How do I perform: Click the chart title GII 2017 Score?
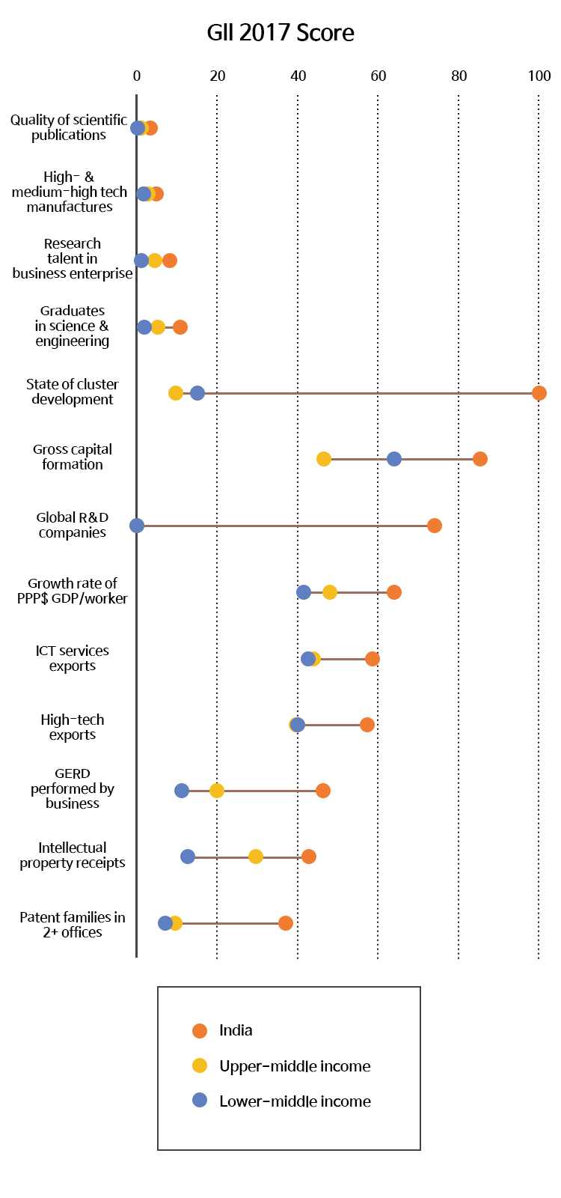click(280, 33)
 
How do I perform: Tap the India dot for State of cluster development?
click(539, 393)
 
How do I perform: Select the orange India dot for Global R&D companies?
click(435, 526)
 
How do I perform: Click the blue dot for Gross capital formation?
click(394, 459)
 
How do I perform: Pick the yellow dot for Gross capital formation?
click(324, 459)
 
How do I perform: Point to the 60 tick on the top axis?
click(378, 76)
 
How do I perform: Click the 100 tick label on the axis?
click(539, 76)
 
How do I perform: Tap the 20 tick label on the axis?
click(218, 76)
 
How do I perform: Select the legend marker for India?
click(200, 1031)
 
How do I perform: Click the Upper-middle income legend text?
click(295, 1066)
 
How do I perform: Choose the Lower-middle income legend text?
click(295, 1101)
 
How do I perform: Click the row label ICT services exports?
click(73, 658)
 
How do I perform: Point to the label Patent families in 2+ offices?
click(73, 925)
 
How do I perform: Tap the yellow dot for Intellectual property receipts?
click(256, 857)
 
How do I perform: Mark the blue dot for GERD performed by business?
click(182, 791)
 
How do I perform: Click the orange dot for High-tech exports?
click(367, 725)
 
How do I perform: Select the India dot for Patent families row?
click(286, 923)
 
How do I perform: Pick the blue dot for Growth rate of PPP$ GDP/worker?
click(304, 592)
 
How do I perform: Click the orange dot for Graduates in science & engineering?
click(180, 327)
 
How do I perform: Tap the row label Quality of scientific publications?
click(69, 127)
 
